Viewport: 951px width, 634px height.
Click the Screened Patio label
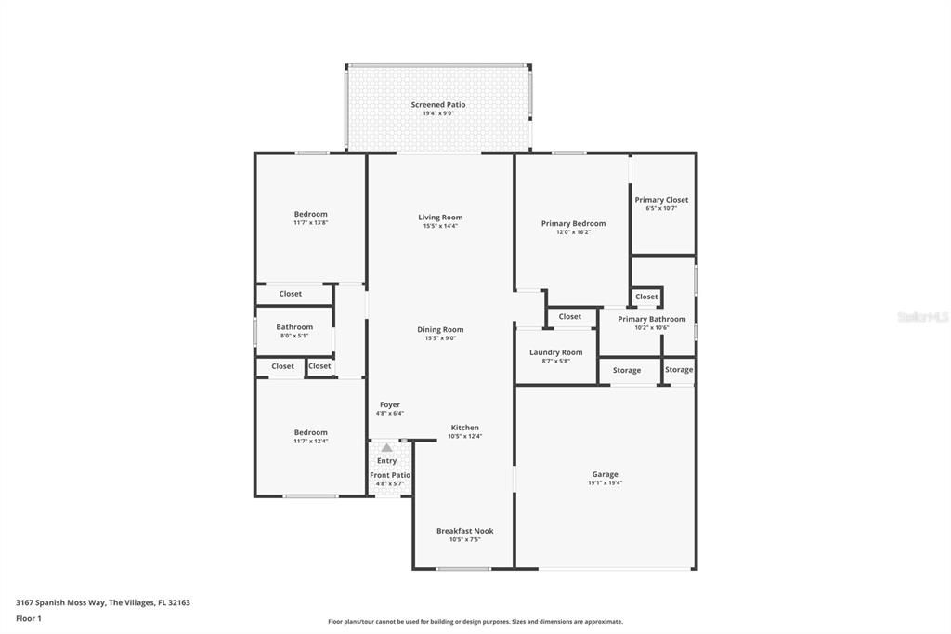click(438, 105)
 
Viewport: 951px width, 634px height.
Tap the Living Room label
click(440, 218)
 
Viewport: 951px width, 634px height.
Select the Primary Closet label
click(661, 200)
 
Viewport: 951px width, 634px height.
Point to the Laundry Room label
click(555, 352)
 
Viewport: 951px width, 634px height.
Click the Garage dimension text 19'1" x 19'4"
click(605, 483)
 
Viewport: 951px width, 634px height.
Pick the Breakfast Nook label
click(465, 531)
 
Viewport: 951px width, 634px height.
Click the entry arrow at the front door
click(386, 448)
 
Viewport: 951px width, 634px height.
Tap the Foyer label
click(390, 405)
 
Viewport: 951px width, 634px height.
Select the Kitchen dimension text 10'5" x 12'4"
click(465, 436)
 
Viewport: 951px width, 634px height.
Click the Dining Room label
click(440, 330)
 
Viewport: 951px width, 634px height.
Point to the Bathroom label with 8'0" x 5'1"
click(294, 327)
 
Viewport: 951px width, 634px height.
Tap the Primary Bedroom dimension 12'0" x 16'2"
click(573, 232)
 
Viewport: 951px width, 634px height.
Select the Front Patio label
click(390, 475)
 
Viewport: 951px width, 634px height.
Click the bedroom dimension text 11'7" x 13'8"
click(311, 223)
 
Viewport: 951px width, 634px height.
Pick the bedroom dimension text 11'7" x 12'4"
click(311, 441)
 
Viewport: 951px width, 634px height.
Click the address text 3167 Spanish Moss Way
click(60, 602)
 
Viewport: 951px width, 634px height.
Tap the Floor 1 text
click(30, 618)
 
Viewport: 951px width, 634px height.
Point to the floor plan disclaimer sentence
click(475, 622)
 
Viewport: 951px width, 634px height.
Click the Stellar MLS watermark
click(922, 317)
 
